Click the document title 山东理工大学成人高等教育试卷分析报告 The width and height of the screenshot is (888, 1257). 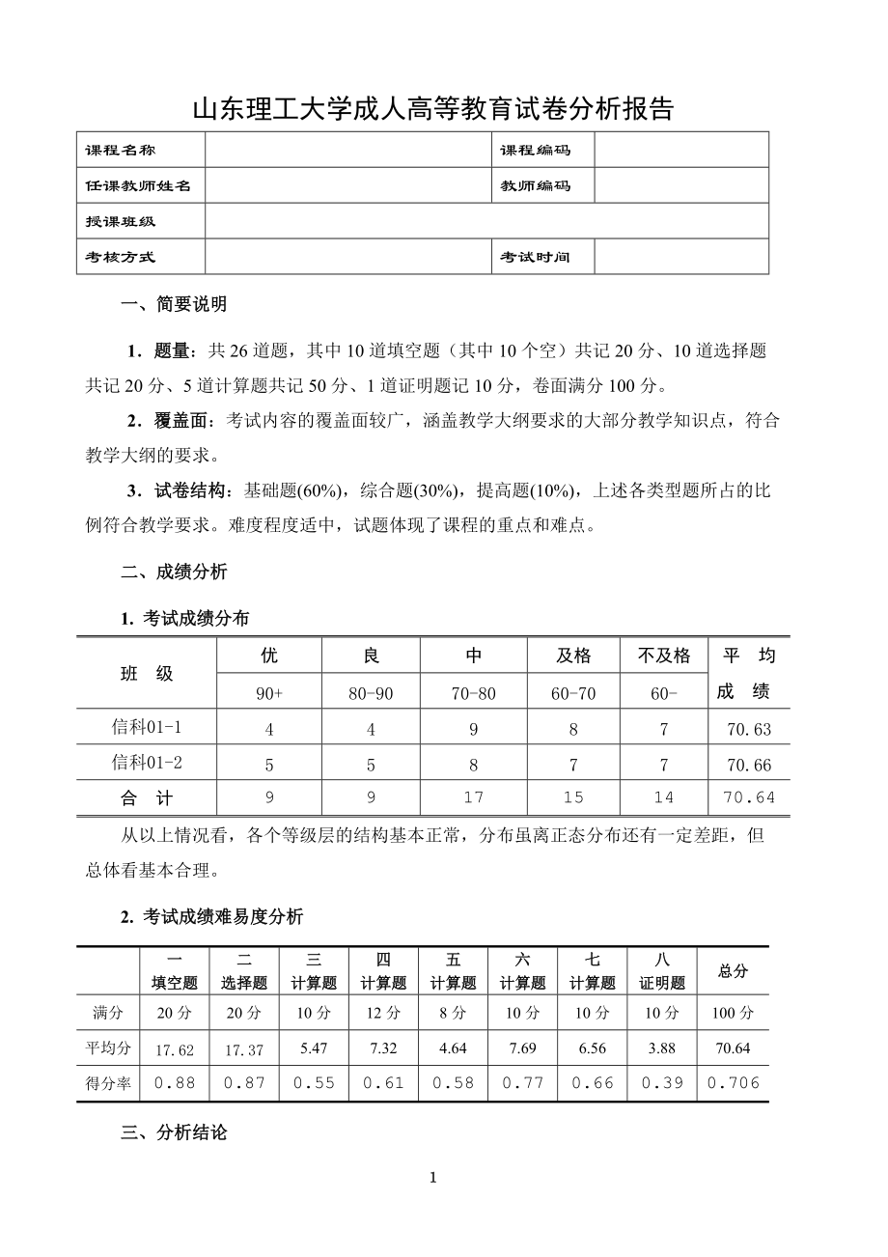pos(433,109)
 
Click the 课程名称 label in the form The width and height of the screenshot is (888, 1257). pos(121,151)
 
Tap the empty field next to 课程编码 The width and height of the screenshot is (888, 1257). pos(681,151)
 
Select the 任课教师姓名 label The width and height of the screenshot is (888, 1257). pos(138,186)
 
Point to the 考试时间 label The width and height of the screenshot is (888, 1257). pos(535,258)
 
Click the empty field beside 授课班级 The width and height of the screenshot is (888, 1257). pos(486,222)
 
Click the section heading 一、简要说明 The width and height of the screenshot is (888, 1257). pos(174,305)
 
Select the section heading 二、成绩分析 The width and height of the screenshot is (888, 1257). pos(174,572)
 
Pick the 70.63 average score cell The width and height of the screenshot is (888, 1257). pos(749,730)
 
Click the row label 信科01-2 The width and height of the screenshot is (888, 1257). pos(148,763)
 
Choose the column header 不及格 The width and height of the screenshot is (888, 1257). pos(664,656)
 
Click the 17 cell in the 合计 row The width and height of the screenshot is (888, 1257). pos(474,798)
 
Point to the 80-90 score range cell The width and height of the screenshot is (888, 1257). pos(372,693)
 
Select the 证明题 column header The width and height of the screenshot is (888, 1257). pos(662,983)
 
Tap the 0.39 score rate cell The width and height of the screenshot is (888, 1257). pos(662,1083)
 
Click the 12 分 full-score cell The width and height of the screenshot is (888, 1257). pos(383,1014)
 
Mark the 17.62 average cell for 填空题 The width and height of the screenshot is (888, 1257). pos(175,1049)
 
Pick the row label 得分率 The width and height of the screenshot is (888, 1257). pos(108,1083)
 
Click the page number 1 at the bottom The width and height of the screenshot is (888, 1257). pos(433,1177)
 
